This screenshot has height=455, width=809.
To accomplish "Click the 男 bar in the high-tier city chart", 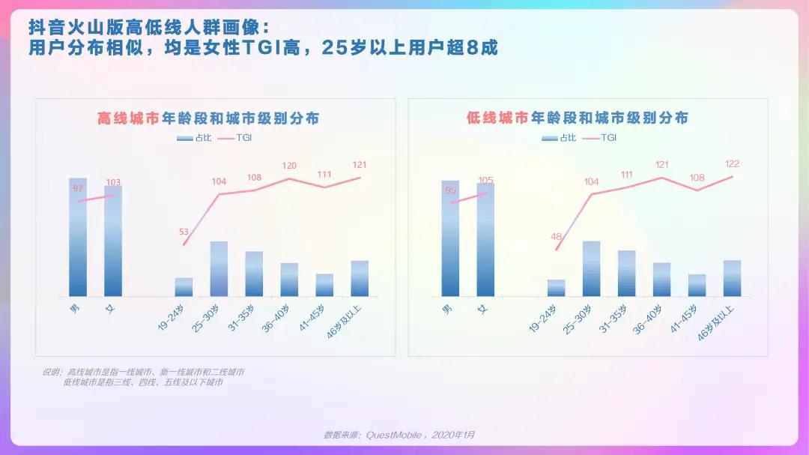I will (x=78, y=238).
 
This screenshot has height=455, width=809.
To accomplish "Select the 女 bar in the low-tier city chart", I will (x=485, y=240).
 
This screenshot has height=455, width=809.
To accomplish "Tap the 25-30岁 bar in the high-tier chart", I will (x=219, y=268).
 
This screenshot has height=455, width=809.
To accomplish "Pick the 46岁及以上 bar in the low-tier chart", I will (x=732, y=278).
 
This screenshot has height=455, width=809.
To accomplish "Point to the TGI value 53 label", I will (x=184, y=232).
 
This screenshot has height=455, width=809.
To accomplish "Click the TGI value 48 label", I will (x=556, y=237).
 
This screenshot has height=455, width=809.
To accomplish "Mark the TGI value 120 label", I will (x=289, y=166).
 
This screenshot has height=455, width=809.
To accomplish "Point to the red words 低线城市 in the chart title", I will (x=497, y=118).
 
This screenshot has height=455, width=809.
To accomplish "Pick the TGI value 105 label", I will (x=485, y=180).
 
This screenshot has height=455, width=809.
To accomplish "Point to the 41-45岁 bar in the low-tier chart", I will (x=697, y=285).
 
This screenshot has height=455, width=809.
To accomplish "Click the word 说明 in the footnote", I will (x=51, y=372).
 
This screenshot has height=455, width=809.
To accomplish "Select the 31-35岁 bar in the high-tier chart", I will (x=254, y=274).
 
